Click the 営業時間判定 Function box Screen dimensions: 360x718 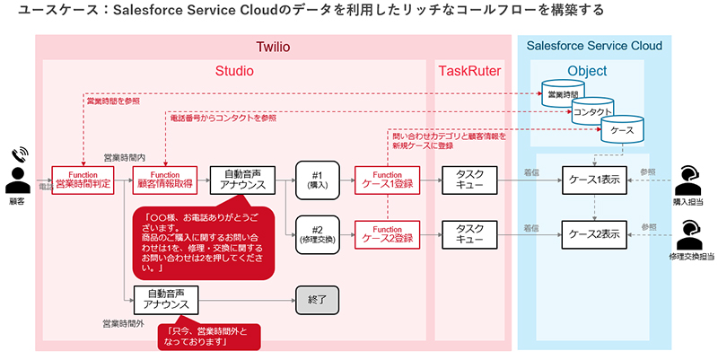(82, 180)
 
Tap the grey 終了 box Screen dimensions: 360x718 (320, 300)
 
